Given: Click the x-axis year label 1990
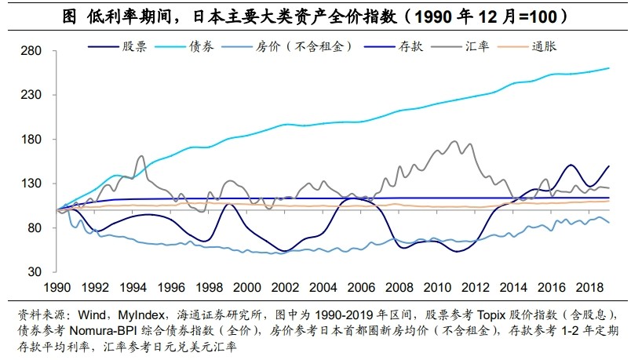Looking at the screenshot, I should click(x=60, y=288).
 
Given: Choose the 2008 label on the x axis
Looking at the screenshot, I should click(x=397, y=288).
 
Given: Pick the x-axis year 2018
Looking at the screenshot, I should click(x=585, y=288).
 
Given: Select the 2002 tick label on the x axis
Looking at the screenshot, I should click(x=284, y=288).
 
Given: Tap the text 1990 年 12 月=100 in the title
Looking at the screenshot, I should click(x=493, y=16).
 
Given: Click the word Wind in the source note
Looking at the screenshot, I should click(x=90, y=314).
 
